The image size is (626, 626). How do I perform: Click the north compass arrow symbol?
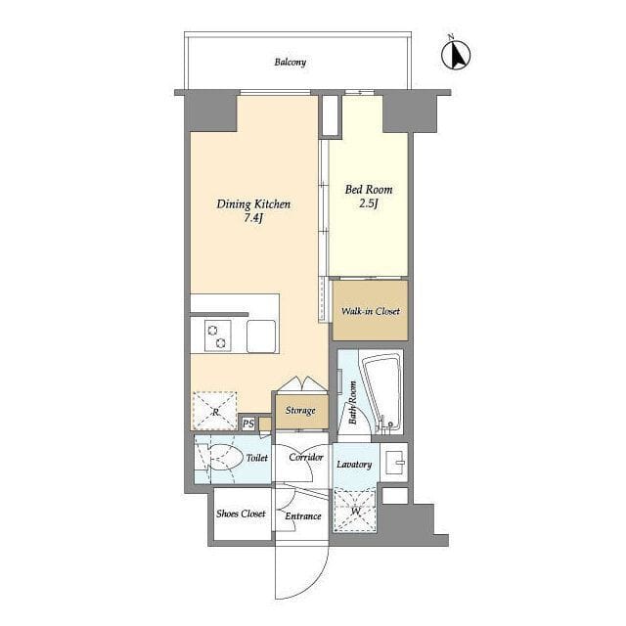[x=456, y=54]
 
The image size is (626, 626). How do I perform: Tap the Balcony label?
[x=291, y=63]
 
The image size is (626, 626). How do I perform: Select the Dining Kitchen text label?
[x=253, y=204]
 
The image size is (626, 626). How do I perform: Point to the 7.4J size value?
[x=253, y=218]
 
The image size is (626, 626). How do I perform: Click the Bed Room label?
[x=369, y=189]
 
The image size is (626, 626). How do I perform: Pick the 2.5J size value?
[x=369, y=203]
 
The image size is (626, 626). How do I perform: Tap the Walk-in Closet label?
[x=370, y=311]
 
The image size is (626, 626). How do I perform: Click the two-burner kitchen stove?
[x=217, y=336]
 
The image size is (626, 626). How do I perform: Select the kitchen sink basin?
[x=261, y=336]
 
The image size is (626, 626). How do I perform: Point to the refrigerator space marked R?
[x=215, y=411]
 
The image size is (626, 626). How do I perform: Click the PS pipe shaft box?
[x=248, y=424]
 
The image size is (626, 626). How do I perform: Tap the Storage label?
[x=300, y=411]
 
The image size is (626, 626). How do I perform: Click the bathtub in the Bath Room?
[x=382, y=393]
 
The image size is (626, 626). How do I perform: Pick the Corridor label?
[x=306, y=457]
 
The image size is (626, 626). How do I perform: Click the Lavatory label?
[x=354, y=465]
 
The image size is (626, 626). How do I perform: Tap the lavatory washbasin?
[x=394, y=462]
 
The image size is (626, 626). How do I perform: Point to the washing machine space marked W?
[x=355, y=511]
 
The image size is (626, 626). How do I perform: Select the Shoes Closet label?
[x=241, y=514]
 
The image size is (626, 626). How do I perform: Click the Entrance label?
[x=303, y=516]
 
